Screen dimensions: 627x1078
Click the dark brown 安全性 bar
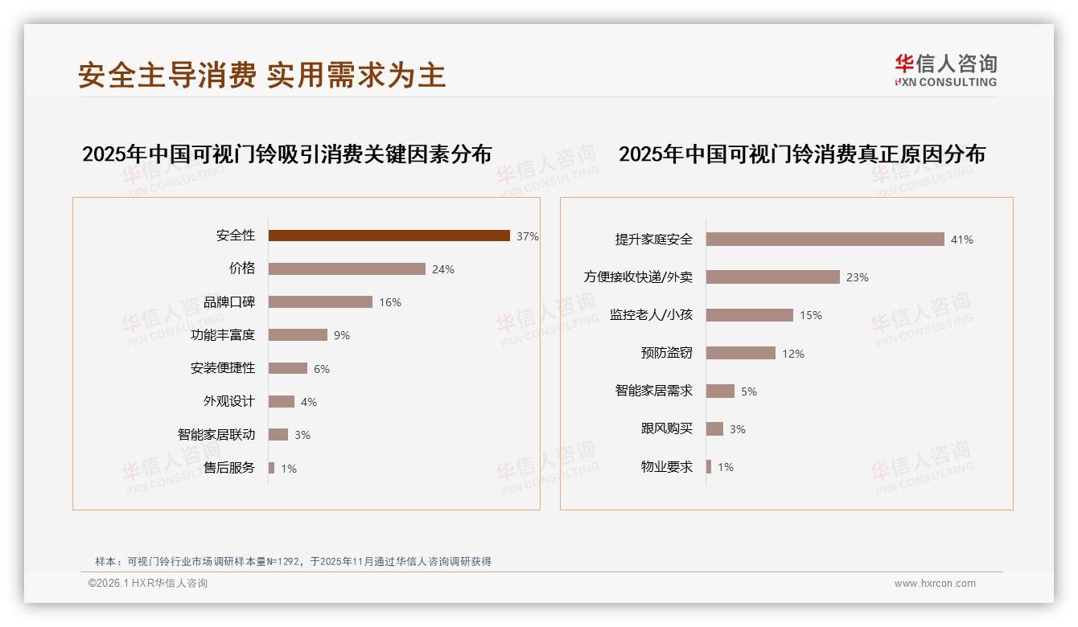tap(389, 236)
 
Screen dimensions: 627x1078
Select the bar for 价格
tap(347, 268)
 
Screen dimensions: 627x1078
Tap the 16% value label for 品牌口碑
tap(390, 302)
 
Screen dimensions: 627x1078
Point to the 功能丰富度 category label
tap(223, 334)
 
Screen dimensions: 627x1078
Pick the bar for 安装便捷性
tap(288, 368)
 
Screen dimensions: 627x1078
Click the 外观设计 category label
tap(228, 401)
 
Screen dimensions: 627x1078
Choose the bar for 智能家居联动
tap(278, 435)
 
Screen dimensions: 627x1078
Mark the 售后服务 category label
tap(228, 468)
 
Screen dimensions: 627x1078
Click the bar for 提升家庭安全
tap(825, 240)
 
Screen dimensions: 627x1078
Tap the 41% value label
tap(962, 240)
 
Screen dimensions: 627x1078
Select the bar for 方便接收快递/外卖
tap(773, 277)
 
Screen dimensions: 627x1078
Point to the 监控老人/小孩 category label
tap(651, 315)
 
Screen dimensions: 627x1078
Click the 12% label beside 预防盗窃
tap(793, 354)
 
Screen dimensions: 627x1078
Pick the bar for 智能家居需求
tap(720, 391)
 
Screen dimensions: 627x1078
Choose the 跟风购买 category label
tap(666, 428)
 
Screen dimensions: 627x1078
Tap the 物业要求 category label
tap(666, 466)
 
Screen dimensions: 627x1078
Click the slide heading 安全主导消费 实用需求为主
tap(261, 75)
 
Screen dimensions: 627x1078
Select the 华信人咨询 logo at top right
tap(945, 70)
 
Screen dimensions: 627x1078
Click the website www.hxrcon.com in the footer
tap(935, 584)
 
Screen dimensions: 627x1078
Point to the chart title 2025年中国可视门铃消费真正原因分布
tap(801, 154)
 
